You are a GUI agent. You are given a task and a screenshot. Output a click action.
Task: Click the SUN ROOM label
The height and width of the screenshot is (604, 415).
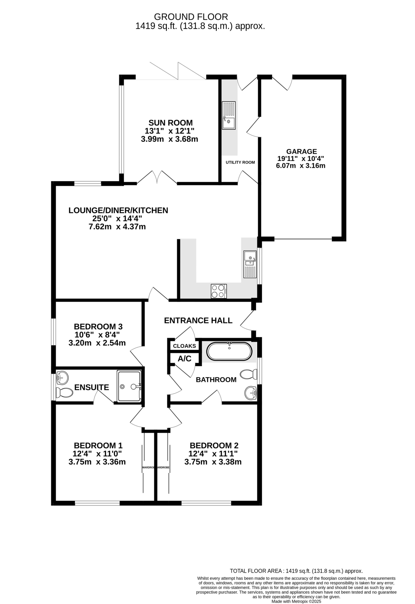[170, 123]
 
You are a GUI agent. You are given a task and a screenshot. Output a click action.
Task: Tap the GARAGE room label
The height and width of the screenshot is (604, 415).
[302, 152]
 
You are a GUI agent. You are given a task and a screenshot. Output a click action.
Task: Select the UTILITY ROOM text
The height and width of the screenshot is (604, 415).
[240, 163]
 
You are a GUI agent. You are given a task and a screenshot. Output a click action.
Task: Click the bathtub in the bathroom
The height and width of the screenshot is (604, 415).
[230, 351]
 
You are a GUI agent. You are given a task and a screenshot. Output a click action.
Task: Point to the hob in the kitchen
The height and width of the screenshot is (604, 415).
[219, 291]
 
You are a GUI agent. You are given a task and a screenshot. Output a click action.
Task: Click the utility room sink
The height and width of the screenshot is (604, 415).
[229, 115]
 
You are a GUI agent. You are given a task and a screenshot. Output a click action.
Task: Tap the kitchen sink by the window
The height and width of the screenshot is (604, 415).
[250, 264]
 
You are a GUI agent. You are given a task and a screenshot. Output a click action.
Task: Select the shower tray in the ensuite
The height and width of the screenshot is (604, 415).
[130, 386]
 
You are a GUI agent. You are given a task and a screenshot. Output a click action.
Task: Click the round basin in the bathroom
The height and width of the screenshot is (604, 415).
[251, 393]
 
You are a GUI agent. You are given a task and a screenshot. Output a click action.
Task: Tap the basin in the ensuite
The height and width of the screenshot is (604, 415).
[62, 378]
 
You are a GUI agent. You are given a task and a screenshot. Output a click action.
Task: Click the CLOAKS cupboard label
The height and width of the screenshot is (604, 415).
[184, 346]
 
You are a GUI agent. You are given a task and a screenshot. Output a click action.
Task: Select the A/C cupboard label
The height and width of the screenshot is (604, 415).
[185, 359]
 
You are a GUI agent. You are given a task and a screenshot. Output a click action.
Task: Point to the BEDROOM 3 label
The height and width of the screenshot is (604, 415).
[98, 327]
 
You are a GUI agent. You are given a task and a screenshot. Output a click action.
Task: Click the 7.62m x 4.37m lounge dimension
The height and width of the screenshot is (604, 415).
[117, 227]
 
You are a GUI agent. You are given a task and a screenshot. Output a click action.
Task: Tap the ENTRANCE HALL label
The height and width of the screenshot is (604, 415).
[198, 320]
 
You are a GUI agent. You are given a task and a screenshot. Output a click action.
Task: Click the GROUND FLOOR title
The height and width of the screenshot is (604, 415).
[191, 17]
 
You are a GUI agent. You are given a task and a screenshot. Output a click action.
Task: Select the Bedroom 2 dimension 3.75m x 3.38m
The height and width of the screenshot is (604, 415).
[213, 462]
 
